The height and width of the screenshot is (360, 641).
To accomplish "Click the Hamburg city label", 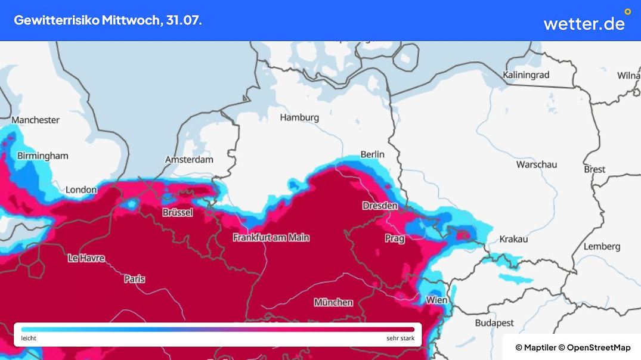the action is tap(299, 117).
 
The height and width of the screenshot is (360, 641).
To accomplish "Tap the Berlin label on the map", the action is tap(372, 154).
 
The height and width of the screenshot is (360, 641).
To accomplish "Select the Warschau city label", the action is tap(536, 164).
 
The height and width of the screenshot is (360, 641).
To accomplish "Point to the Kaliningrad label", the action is tap(525, 75).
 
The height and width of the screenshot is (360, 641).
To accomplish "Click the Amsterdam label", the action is tap(189, 160).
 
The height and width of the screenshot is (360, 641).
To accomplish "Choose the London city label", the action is tap(81, 190).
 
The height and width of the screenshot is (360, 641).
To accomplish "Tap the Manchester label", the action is tap(35, 120).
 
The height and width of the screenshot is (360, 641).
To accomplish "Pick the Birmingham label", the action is tap(42, 156).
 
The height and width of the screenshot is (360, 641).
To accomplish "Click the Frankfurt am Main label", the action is tap(271, 237).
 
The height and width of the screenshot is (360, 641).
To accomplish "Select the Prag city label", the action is tap(394, 238).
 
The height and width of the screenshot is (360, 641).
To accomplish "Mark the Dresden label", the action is tap(380, 206).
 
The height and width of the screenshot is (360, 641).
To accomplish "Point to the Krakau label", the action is tap(513, 239).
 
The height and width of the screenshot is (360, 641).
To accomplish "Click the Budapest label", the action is tap(494, 322).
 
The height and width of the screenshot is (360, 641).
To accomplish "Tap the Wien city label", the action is tap(436, 300).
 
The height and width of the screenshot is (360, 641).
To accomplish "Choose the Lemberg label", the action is tap(602, 246).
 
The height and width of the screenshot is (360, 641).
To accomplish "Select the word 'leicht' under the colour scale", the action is tap(29, 339).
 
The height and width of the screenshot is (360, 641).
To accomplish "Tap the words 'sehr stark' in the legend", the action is tap(400, 339).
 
